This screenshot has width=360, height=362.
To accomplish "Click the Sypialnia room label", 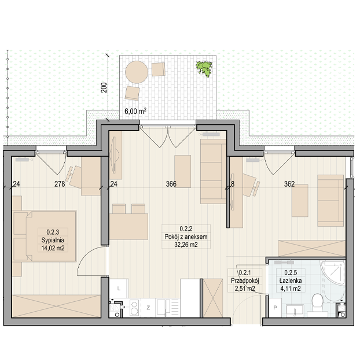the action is click(53, 240).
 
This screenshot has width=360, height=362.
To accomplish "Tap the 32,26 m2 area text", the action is click(186, 245).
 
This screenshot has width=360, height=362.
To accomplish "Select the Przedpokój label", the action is click(245, 280).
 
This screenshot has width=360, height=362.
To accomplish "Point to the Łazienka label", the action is click(291, 280).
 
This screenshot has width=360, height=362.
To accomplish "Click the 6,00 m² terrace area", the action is click(135, 111).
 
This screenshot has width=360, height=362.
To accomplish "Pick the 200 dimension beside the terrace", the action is click(104, 88).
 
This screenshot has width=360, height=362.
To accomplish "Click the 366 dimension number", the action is click(171, 184).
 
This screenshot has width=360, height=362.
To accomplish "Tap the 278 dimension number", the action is click(60, 184).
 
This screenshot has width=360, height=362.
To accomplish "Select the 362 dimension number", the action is click(289, 184).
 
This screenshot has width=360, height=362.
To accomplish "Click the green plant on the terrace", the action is click(204, 68).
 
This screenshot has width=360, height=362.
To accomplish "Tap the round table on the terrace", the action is click(137, 72).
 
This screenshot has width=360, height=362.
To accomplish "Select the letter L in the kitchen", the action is click(119, 289).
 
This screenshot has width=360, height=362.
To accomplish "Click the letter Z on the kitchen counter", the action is click(148, 308).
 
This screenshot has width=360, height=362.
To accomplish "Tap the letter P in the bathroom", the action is click(275, 308).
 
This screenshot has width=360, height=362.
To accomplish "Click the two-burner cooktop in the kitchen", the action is click(134, 308).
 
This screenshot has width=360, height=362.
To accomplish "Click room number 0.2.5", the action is click(291, 272).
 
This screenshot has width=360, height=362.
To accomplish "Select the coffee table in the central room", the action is click(182, 171).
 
